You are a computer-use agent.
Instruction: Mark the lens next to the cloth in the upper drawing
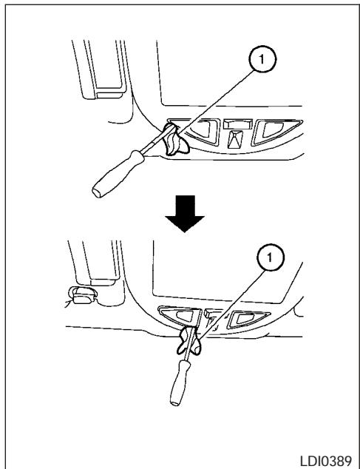pyautogui.click(x=204, y=132)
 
